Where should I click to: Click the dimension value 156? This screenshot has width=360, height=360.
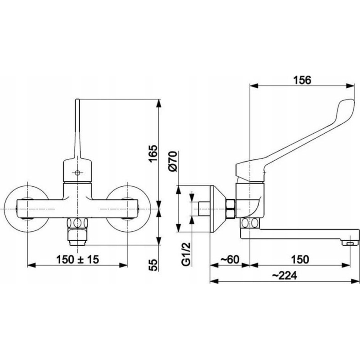(x=302, y=80)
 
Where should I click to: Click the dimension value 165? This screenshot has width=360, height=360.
(x=153, y=153)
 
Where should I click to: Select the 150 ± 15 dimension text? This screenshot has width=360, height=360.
(x=77, y=260)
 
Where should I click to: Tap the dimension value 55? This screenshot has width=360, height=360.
(x=153, y=265)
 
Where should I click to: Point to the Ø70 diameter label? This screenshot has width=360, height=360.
(x=173, y=161)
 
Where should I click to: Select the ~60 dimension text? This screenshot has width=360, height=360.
(x=230, y=260)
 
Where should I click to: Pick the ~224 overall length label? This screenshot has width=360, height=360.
(x=284, y=275)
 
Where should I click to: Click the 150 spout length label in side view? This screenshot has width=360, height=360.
(x=300, y=260)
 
